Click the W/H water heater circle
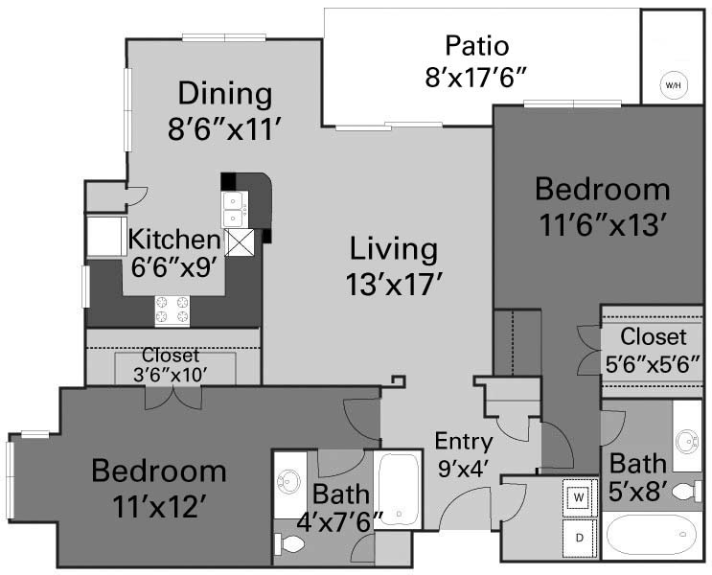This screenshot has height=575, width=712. tap(673, 85)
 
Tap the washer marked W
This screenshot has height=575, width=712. tap(580, 496)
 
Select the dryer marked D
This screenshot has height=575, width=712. tap(580, 538)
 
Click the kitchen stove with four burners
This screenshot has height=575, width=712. tap(172, 310)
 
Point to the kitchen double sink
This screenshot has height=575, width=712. tap(235, 209)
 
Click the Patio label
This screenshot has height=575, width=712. tap(477, 46)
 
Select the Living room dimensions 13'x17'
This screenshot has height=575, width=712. tap(394, 285)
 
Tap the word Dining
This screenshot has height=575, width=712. tap(225, 93)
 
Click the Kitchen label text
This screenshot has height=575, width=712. tap(173, 240)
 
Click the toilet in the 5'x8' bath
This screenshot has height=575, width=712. tap(686, 492)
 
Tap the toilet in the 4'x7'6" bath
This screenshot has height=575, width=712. tap(289, 542)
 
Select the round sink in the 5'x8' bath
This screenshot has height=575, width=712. tap(686, 442)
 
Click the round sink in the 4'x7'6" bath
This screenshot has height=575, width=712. tap(288, 480)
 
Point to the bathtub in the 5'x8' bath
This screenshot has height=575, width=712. tap(652, 536)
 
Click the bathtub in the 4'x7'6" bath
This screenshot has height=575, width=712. tap(399, 490)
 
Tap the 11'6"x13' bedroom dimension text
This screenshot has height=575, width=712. tap(603, 225)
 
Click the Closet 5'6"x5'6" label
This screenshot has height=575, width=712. tap(653, 350)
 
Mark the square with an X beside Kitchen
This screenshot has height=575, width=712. tap(240, 242)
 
